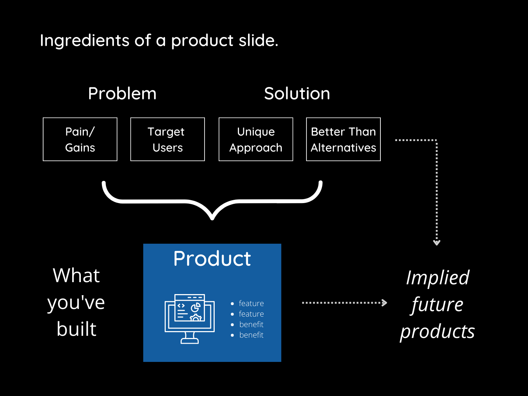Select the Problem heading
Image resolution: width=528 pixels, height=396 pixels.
(122, 94)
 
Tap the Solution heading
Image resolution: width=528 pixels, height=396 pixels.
(297, 94)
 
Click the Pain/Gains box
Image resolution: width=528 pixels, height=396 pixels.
(80, 139)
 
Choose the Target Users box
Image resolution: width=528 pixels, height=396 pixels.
(168, 139)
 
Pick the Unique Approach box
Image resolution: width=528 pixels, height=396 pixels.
(256, 139)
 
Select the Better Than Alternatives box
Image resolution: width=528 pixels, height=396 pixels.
(343, 139)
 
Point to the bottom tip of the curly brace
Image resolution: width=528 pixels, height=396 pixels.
(212, 218)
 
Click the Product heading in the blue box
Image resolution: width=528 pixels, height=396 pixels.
(212, 259)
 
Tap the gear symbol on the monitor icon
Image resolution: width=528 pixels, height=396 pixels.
(196, 318)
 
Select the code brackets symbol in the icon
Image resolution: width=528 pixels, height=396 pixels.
(181, 306)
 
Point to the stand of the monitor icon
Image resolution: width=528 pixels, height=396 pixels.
(190, 338)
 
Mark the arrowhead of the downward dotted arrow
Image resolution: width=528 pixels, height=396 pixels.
(437, 243)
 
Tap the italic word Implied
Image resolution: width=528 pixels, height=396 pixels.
(437, 278)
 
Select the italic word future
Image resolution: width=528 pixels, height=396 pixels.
(437, 305)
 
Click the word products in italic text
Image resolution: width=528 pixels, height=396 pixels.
(437, 331)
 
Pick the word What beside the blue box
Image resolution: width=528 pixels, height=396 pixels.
(76, 276)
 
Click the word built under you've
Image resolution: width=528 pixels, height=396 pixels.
(77, 329)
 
